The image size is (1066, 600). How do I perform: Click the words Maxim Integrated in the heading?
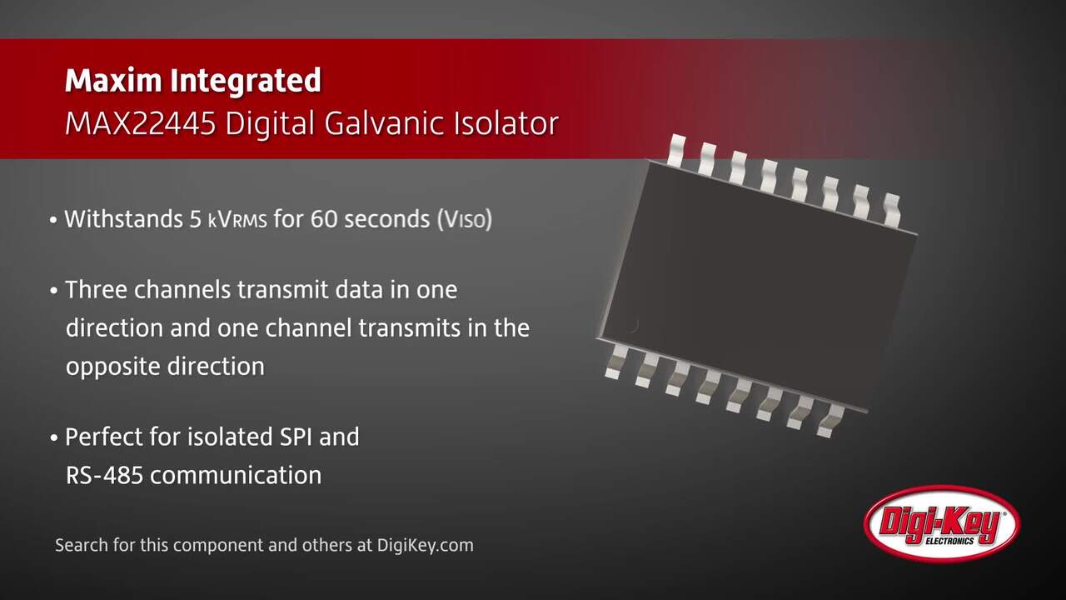coord(192,81)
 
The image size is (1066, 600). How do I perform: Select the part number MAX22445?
coord(141,124)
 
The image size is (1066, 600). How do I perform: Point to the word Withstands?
coord(124,219)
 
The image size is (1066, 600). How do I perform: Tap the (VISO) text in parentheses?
coord(465,220)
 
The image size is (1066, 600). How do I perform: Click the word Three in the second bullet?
coord(96,290)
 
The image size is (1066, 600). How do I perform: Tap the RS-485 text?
coord(105,475)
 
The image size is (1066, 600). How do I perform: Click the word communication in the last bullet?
coord(236,475)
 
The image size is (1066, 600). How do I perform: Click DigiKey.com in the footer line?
coord(426,546)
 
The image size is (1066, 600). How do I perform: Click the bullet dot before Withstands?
coord(53,221)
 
